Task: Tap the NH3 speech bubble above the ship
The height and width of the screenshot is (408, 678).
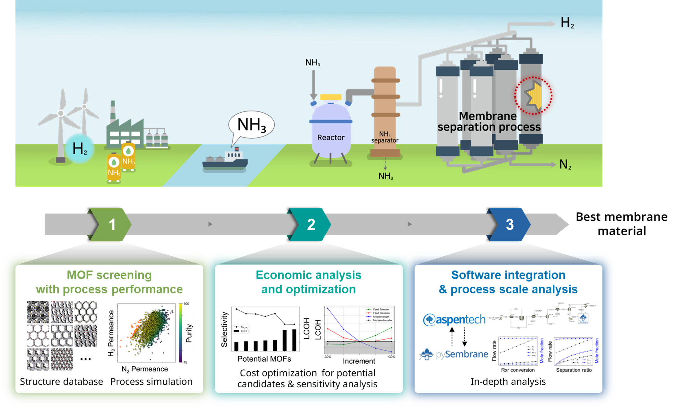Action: click(x=251, y=125)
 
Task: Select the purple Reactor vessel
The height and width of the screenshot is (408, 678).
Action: click(x=331, y=132)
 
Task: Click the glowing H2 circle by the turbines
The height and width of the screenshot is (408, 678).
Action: click(x=80, y=149)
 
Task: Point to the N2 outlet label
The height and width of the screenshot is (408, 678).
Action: click(x=565, y=164)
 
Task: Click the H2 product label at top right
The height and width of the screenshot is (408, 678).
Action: click(x=567, y=23)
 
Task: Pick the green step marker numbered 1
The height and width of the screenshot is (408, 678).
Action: click(x=112, y=225)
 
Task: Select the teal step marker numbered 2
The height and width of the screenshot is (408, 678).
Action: click(x=311, y=225)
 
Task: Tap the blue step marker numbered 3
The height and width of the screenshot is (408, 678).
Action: click(x=510, y=225)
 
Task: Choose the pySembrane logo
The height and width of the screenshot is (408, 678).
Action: click(x=454, y=354)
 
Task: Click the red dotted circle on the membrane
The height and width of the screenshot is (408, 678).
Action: click(x=533, y=96)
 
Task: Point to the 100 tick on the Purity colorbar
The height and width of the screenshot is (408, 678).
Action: click(x=186, y=304)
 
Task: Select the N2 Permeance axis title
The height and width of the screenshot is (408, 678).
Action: click(x=145, y=369)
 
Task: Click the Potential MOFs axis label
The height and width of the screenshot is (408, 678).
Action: click(x=264, y=359)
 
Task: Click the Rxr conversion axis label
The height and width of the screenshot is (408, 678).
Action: click(x=518, y=370)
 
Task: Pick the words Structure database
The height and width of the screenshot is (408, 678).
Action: click(x=61, y=382)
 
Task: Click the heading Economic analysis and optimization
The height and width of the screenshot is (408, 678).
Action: click(x=308, y=282)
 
